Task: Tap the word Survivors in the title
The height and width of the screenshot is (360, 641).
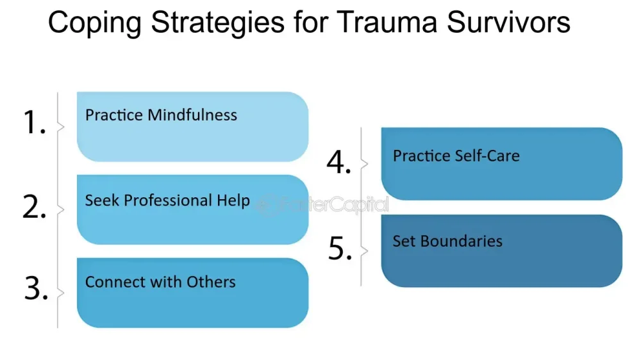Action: coord(508,22)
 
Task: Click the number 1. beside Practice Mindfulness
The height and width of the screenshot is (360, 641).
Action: coord(35,122)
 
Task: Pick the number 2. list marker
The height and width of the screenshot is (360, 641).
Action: coord(35,206)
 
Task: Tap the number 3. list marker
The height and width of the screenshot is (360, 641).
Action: coord(36,288)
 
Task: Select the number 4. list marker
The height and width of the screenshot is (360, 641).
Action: coord(339,162)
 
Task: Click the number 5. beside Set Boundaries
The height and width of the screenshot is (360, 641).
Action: coord(340,248)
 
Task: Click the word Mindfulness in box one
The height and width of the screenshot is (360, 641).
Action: coord(192,115)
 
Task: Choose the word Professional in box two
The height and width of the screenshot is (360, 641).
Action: coord(168,200)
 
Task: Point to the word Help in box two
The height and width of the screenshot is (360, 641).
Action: coord(233,200)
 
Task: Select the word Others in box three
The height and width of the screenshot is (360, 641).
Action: coord(211,282)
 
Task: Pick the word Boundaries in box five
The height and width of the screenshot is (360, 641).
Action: coord(461,241)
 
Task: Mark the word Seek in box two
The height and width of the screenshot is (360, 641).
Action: coord(102,200)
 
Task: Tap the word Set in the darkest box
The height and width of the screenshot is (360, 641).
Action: coord(404,241)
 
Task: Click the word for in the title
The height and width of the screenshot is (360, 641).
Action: coord(311,22)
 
